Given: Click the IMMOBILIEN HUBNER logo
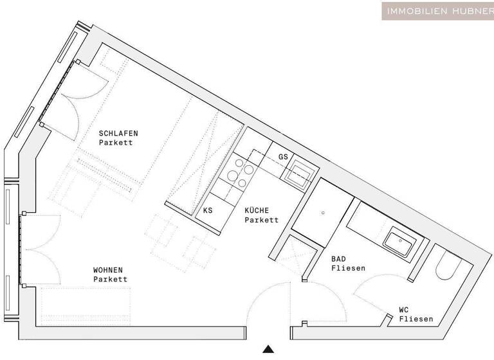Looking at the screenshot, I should (437, 10).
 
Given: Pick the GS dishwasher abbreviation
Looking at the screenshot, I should (283, 157).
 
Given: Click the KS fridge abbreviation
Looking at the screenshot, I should (208, 210).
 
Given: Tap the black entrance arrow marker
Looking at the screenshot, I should (268, 349).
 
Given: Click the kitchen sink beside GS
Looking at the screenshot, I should (300, 172).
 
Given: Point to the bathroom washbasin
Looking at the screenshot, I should (399, 243).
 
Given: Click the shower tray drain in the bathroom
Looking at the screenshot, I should (323, 212).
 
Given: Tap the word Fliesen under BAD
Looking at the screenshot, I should (348, 268).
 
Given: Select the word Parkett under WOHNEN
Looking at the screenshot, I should (110, 280).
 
